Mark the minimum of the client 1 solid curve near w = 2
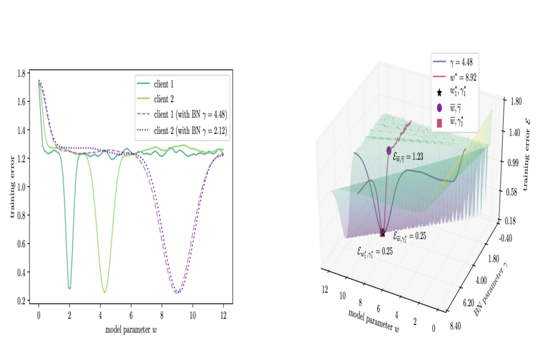click(x=70, y=288)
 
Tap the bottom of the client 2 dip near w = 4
click(x=104, y=292)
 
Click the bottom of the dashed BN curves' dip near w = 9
click(x=178, y=293)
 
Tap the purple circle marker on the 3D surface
click(x=389, y=150)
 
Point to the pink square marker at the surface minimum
click(x=382, y=234)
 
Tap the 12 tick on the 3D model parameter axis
click(x=325, y=290)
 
